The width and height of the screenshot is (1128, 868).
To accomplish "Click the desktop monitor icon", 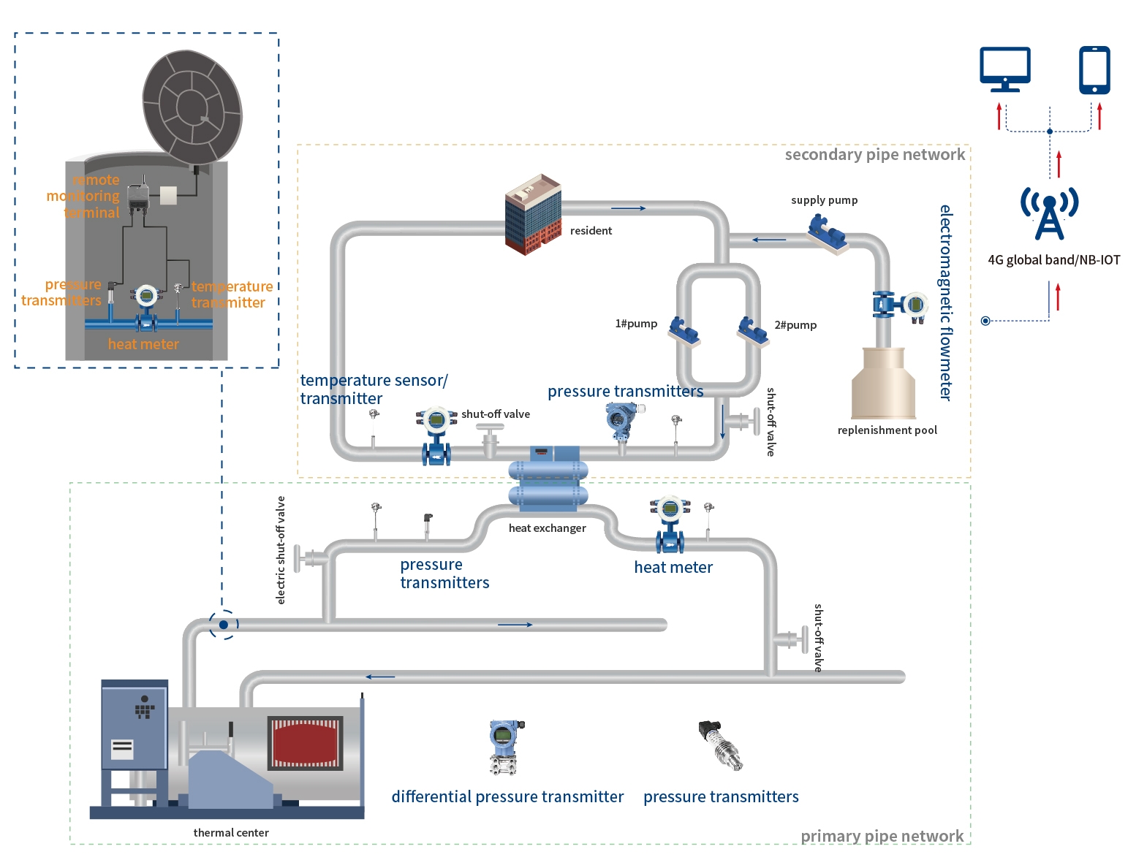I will click(1005, 69).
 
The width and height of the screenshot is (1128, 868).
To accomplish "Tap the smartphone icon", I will click(1094, 70).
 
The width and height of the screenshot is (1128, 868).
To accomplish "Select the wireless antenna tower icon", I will click(1049, 213).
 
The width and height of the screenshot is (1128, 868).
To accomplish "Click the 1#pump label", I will click(636, 324).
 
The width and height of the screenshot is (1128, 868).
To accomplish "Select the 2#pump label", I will click(795, 325).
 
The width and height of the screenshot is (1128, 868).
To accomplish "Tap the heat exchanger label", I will click(547, 528).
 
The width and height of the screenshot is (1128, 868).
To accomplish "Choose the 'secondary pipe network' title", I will click(874, 155).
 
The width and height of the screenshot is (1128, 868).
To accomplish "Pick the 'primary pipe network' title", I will click(882, 836).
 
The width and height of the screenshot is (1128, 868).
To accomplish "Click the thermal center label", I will click(231, 833).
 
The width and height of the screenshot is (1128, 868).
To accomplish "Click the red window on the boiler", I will click(306, 742).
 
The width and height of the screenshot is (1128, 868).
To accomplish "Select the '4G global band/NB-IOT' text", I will click(1053, 260).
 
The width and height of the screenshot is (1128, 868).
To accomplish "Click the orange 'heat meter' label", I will click(143, 344).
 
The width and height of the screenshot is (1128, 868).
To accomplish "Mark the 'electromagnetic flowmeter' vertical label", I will click(946, 302).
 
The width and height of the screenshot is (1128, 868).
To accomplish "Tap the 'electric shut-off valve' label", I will click(281, 550).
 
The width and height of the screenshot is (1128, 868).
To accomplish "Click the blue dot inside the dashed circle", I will click(224, 625).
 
